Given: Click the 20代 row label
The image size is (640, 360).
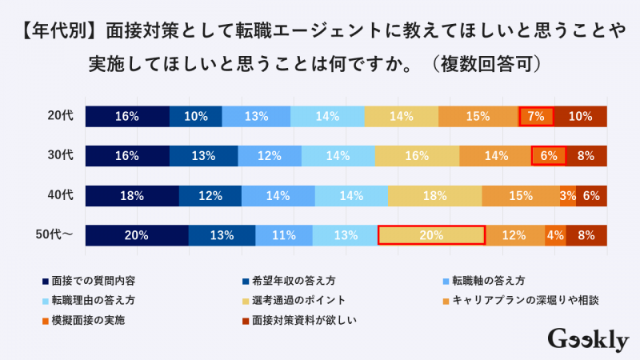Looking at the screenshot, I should click(x=60, y=116).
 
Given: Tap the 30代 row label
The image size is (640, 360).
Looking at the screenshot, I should click(x=60, y=156).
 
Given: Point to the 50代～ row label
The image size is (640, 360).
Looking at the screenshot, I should click(x=55, y=235).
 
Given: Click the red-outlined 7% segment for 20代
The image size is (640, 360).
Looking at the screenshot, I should click(x=536, y=116).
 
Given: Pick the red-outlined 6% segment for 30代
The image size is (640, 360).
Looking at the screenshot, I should click(x=549, y=156).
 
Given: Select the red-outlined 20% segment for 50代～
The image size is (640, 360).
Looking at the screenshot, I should click(x=431, y=235).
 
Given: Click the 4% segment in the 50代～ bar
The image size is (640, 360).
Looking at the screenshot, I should click(x=556, y=235).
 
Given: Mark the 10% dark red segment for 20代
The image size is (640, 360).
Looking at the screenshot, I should click(x=580, y=116).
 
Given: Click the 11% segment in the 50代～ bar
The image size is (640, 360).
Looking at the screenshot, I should click(x=284, y=235).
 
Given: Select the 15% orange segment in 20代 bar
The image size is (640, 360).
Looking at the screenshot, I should click(x=478, y=116).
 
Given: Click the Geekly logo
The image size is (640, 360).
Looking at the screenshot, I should click(x=587, y=339).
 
